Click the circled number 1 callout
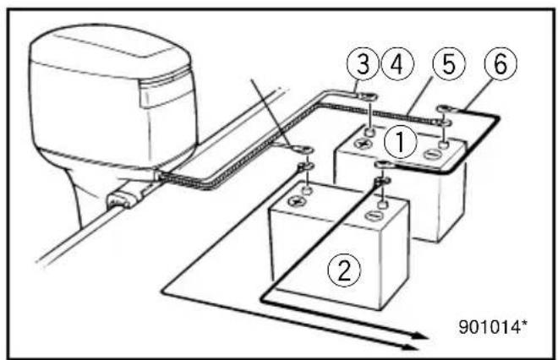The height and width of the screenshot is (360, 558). click(x=401, y=142)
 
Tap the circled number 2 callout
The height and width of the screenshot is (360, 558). click(x=344, y=270)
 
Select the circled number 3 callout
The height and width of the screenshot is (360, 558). click(x=363, y=64)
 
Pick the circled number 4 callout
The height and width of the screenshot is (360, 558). click(x=397, y=64)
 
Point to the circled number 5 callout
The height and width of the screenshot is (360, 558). click(x=449, y=64)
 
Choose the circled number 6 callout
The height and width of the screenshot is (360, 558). click(x=501, y=64)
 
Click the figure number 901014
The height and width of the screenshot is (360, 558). click(x=493, y=326)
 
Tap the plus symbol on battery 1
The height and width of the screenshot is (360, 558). click(x=363, y=144)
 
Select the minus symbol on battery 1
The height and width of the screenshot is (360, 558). click(x=433, y=155)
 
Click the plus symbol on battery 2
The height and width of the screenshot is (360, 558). click(x=298, y=201)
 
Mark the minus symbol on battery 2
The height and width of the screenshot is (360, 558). click(x=374, y=215)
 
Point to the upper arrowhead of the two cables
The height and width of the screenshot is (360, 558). click(x=421, y=335)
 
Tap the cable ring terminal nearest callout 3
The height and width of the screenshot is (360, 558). click(x=368, y=96)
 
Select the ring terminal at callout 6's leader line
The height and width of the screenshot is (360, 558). click(x=446, y=109)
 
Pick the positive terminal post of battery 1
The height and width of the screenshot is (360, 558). click(x=371, y=133)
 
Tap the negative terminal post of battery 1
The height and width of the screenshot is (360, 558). click(x=443, y=145)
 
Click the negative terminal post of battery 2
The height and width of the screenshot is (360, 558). click(x=382, y=205)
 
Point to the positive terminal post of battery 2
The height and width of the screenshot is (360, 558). click(x=307, y=189)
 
